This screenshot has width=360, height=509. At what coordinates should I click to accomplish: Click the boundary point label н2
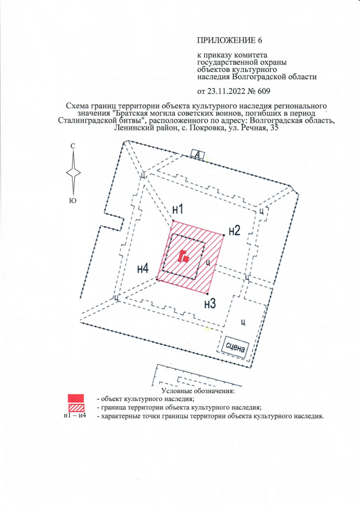235,230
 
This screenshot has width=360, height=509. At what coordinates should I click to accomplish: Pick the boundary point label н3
210,304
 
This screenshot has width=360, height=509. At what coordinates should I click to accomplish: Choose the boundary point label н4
143,268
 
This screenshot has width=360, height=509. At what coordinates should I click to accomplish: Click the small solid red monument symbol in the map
183,257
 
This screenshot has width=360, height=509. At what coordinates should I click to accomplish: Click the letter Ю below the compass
73,199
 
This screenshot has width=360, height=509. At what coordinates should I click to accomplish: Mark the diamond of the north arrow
73,173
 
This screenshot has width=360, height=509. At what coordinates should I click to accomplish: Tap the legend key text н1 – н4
75,417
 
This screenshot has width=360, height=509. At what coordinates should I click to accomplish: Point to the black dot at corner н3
208,294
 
